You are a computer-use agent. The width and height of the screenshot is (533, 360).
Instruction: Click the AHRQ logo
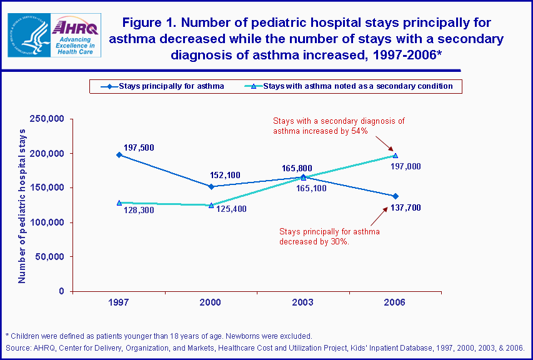[73, 34]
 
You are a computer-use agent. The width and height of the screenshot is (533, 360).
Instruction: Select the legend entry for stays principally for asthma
[163, 86]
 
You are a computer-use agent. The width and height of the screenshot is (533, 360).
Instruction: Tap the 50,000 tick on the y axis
[51, 257]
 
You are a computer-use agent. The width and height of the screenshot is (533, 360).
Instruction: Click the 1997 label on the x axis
[119, 302]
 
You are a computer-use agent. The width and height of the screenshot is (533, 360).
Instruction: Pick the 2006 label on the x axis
[395, 302]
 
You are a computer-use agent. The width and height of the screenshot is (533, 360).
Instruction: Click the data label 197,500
[139, 147]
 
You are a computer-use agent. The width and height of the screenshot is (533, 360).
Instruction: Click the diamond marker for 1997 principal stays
[119, 154]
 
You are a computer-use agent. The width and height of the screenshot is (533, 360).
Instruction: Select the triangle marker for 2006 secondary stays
[395, 156]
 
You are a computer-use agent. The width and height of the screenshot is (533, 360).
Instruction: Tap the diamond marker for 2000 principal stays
[211, 186]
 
